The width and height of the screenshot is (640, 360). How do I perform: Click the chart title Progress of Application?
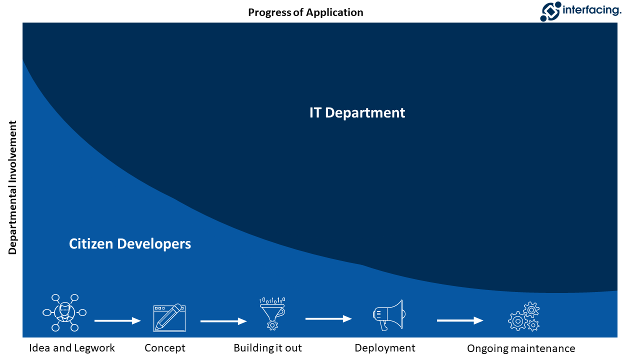click(x=305, y=12)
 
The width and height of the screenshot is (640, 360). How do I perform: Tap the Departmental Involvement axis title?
click(x=13, y=187)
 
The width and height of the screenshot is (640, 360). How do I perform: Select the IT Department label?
click(x=357, y=113)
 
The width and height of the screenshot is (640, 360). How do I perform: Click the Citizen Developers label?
click(x=130, y=244)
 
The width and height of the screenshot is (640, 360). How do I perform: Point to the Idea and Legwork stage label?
click(x=72, y=348)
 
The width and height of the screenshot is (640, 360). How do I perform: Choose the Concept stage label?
click(x=165, y=348)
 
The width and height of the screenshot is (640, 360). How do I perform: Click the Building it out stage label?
click(x=267, y=348)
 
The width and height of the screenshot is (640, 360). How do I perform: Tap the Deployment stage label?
click(x=385, y=348)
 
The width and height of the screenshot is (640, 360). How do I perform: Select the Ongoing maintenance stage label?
click(x=521, y=348)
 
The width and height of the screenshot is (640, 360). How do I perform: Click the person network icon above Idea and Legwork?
click(x=64, y=312)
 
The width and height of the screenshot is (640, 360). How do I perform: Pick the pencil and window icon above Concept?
click(x=169, y=317)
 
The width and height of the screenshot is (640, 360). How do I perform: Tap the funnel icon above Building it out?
click(x=272, y=313)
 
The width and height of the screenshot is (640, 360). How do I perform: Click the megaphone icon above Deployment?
click(x=388, y=315)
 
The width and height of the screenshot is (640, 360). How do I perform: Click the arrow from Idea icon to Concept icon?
click(x=117, y=321)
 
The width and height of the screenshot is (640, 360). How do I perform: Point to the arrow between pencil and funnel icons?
click(x=223, y=321)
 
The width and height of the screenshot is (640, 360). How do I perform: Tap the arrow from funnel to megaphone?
click(x=328, y=318)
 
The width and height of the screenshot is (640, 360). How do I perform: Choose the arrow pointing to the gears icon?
click(x=460, y=320)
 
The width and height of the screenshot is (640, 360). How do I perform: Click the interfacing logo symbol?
click(x=551, y=11)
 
